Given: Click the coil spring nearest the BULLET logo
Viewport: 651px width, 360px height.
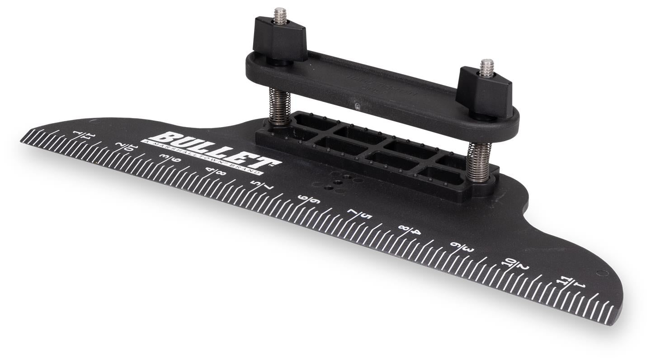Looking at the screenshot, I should click(x=279, y=106).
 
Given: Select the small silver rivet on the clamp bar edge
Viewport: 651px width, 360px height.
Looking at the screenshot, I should click(x=357, y=107).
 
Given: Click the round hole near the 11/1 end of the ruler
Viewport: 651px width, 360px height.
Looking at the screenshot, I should click(x=602, y=273).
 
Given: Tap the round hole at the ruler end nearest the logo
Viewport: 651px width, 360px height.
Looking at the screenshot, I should click(x=94, y=122).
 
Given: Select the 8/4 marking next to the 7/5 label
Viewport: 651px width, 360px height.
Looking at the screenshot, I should click(x=410, y=230).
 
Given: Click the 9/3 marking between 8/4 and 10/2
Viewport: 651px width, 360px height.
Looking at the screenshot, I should click(x=462, y=247).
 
